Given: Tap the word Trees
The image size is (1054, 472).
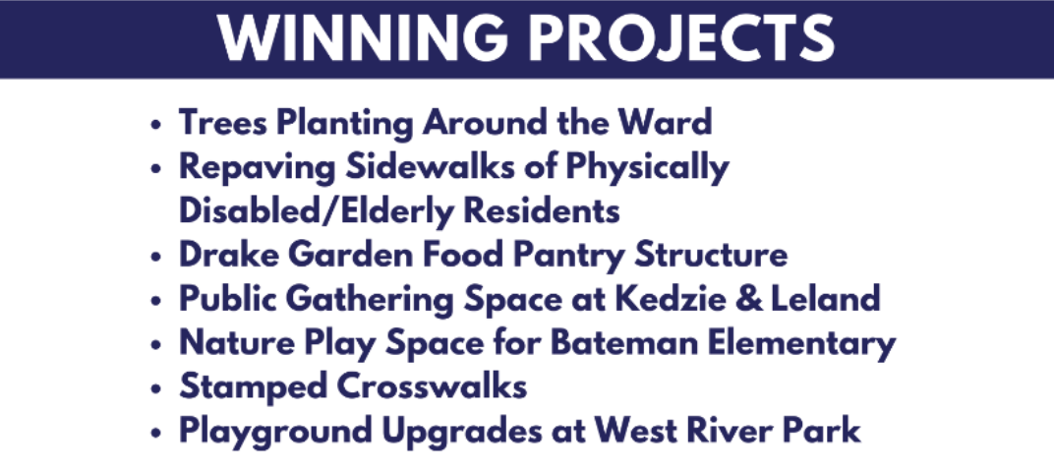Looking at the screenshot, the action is tap(224, 122).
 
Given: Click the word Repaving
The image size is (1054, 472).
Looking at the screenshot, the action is tap(257, 168).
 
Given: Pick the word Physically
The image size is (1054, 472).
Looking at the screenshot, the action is tap(647, 168).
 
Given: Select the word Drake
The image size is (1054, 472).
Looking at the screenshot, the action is tap(229, 255).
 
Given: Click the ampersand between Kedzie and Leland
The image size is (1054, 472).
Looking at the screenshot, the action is tap(748, 299).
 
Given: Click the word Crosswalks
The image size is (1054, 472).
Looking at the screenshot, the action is tap(432, 386).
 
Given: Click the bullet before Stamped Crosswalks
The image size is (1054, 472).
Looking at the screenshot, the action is tap(156, 388).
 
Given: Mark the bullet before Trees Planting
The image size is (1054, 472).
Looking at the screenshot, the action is tap(156, 124).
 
